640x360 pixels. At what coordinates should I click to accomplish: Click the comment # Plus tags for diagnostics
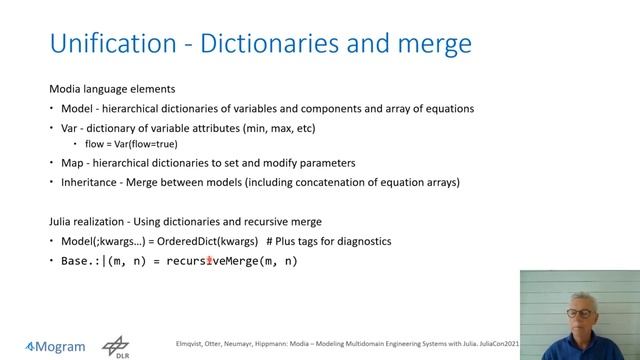click(x=336, y=242)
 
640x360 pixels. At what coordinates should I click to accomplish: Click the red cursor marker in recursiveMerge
click(x=209, y=262)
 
